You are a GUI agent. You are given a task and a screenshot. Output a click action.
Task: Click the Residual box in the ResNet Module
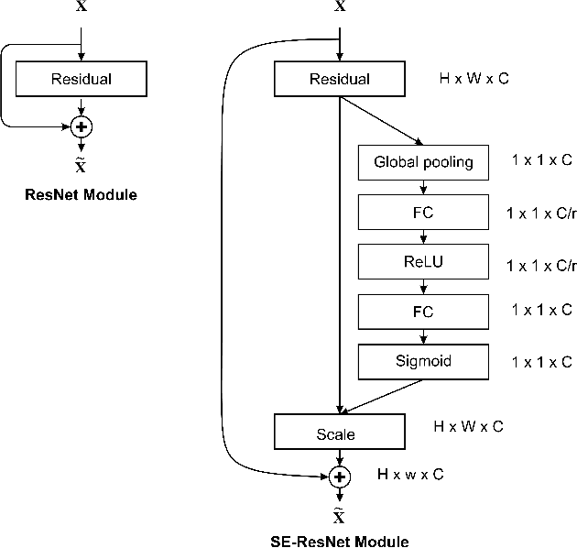(82, 79)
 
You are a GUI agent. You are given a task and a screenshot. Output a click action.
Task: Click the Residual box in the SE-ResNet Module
(339, 79)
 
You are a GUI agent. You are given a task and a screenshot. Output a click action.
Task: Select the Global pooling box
(423, 162)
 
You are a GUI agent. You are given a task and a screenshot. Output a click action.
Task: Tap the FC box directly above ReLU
(423, 213)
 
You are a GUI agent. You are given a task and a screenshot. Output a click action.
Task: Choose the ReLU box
(423, 262)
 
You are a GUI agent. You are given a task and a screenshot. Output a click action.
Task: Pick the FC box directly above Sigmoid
(423, 312)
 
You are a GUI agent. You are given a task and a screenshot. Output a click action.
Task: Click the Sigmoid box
(423, 361)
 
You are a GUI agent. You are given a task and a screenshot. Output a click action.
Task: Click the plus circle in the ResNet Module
(82, 126)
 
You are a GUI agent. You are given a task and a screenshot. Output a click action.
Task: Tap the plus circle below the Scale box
(340, 477)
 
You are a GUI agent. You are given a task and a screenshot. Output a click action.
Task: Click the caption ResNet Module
(82, 194)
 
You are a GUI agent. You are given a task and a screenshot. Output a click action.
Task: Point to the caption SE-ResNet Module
(340, 541)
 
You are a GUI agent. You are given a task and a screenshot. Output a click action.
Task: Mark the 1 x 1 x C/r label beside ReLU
(541, 264)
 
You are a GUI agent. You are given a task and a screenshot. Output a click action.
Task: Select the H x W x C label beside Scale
(468, 426)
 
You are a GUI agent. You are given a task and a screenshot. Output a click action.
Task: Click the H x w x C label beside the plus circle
(410, 474)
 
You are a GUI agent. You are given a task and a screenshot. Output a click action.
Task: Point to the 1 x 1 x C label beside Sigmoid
(542, 361)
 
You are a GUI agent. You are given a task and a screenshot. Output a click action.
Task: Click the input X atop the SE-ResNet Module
(340, 7)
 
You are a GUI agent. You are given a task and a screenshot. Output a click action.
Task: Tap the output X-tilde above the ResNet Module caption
(82, 164)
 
